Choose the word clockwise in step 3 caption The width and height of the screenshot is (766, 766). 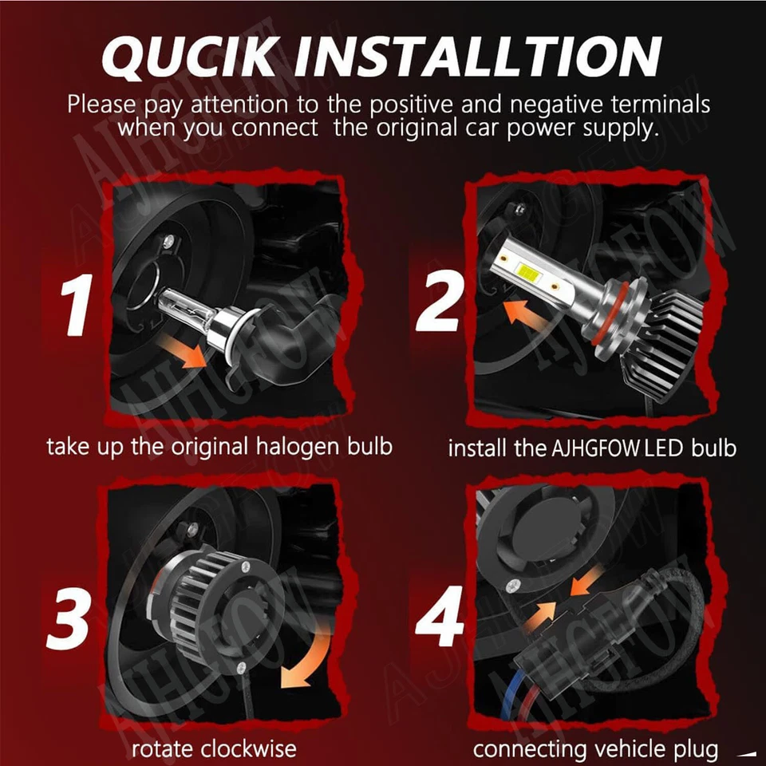248,749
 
